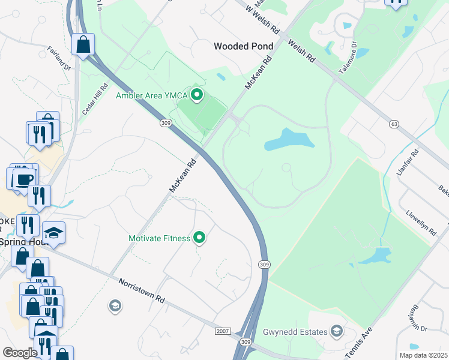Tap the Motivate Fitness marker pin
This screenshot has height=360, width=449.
200,238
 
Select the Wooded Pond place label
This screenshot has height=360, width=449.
244,46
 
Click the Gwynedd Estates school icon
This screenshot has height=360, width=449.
337,332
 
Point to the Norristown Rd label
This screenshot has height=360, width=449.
142,290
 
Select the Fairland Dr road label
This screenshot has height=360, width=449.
59,58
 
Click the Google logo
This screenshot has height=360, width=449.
20,353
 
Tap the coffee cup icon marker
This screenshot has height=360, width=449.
23,179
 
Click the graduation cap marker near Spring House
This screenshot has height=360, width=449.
54,233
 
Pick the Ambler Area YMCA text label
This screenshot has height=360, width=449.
151,95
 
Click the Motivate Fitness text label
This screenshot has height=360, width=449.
160,238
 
